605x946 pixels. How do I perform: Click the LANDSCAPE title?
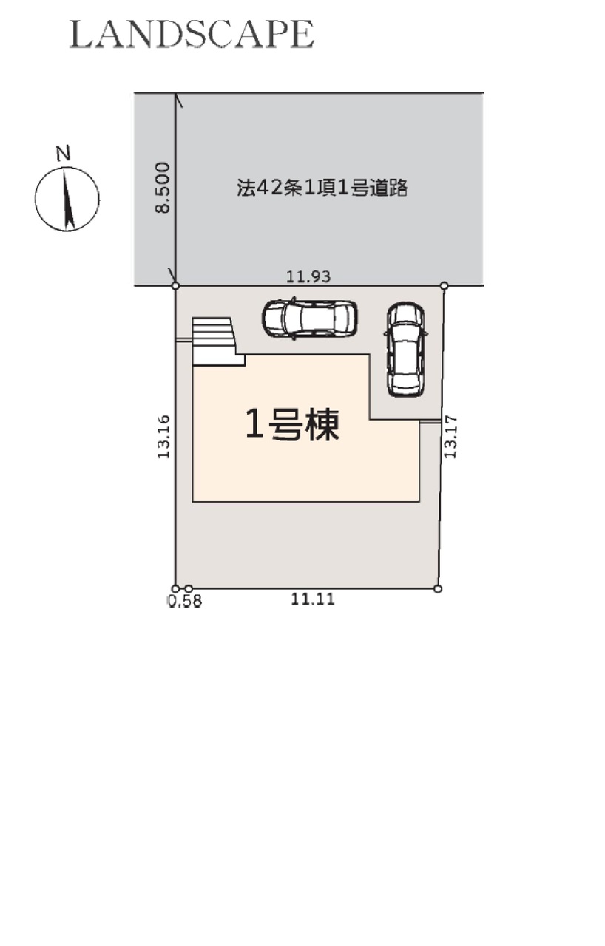click(x=192, y=34)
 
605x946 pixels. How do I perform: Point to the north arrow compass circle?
click(x=67, y=199)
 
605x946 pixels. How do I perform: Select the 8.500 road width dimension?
click(x=163, y=188)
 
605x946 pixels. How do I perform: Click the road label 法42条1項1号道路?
click(x=322, y=188)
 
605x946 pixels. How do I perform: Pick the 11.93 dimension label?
click(x=308, y=276)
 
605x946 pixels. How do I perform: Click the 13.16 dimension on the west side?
click(x=163, y=436)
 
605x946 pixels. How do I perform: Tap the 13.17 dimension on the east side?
click(x=450, y=437)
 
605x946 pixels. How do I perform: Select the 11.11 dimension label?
click(x=313, y=599)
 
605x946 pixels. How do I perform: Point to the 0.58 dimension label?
click(x=185, y=601)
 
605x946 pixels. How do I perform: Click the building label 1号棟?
click(x=292, y=425)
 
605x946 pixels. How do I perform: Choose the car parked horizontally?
click(x=310, y=319)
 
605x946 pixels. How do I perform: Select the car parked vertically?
click(x=406, y=350)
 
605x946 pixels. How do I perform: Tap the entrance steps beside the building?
click(x=218, y=341)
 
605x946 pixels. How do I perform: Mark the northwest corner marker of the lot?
click(x=175, y=286)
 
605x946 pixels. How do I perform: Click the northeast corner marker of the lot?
click(x=444, y=286)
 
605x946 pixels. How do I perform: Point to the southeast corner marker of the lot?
click(x=438, y=589)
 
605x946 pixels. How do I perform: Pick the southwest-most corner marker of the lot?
click(x=175, y=589)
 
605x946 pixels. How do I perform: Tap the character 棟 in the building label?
click(x=323, y=425)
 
